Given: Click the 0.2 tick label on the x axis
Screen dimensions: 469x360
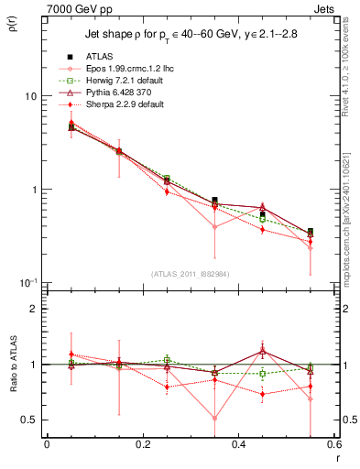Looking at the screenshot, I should coord(142,443).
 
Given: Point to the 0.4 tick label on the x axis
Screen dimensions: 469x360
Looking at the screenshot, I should coord(238,443).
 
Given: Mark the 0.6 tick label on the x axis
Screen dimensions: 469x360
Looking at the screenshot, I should coord(333,443).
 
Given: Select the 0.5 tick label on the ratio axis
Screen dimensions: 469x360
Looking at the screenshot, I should coord(29,420).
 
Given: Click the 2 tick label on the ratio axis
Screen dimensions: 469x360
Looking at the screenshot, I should coord(34,310).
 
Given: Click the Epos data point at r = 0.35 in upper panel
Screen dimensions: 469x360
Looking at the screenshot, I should coord(214,227).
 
